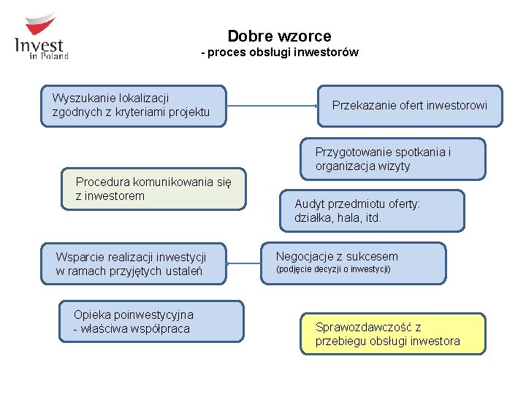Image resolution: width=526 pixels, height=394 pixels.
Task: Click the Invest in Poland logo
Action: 42,36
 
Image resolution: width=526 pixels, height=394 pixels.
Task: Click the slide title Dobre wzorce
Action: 279,36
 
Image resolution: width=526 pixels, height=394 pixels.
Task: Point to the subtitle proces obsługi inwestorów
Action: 281,53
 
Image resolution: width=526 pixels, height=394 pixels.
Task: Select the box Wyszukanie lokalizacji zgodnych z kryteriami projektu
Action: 134,106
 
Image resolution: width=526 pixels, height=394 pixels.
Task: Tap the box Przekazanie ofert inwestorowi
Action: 410,106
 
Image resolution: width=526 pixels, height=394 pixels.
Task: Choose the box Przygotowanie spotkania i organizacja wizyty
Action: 392,159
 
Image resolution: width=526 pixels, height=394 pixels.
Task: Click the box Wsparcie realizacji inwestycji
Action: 134,263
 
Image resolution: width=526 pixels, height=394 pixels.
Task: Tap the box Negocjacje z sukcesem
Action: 354,263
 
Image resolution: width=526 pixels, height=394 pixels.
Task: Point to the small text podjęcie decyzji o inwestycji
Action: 332,270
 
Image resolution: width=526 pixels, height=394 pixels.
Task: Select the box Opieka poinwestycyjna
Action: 152,322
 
